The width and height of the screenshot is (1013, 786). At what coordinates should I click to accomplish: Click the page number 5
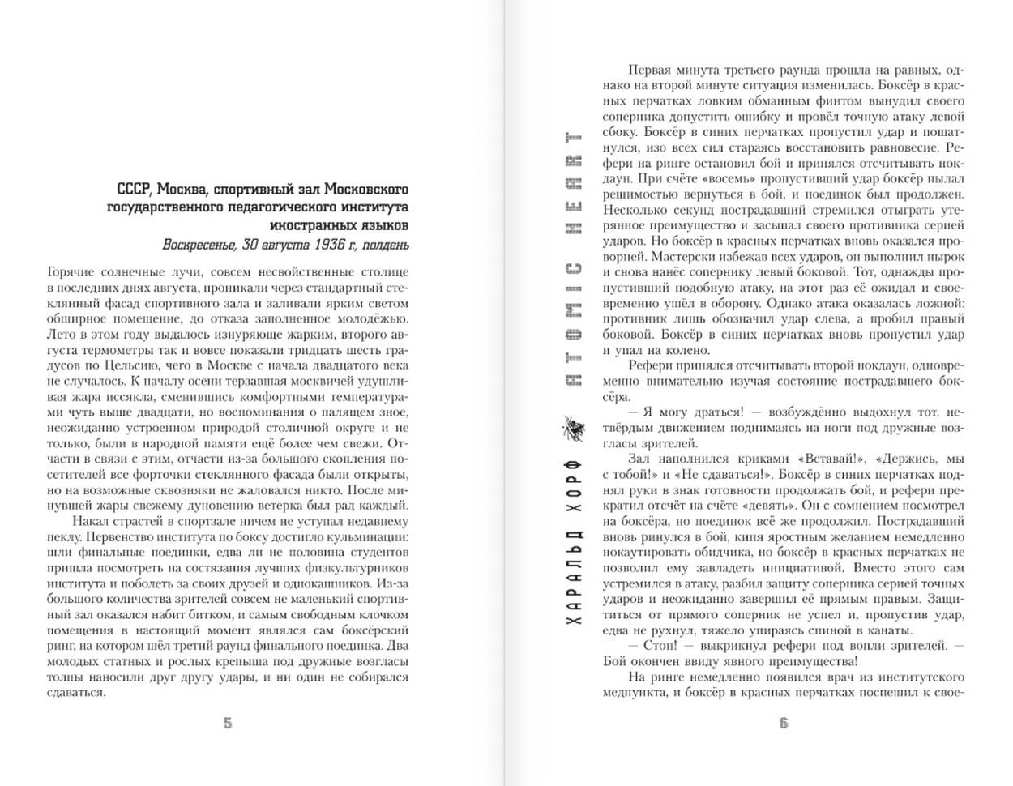pyautogui.click(x=228, y=724)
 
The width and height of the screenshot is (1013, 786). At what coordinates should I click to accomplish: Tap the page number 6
pyautogui.click(x=784, y=724)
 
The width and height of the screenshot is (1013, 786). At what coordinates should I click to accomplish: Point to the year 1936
pyautogui.click(x=316, y=244)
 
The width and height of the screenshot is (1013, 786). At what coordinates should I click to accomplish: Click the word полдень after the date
pyautogui.click(x=385, y=244)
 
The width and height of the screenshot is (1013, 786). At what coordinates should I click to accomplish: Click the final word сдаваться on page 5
pyautogui.click(x=75, y=692)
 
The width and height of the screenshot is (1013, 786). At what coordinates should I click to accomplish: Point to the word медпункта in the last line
pyautogui.click(x=634, y=692)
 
